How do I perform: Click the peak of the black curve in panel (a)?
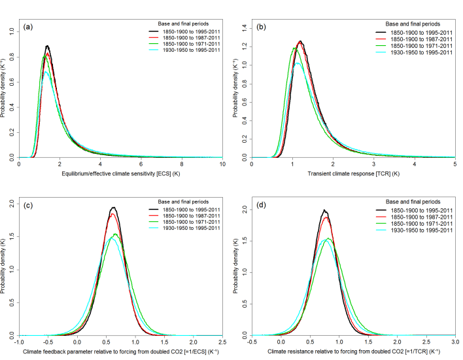point(47,46)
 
